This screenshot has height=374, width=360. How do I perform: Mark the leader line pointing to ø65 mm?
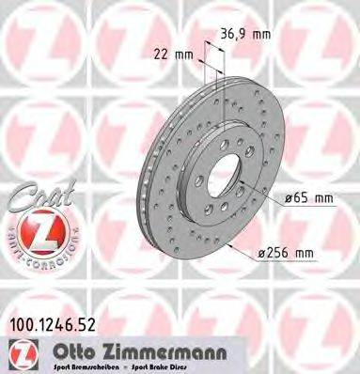point(268,196)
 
